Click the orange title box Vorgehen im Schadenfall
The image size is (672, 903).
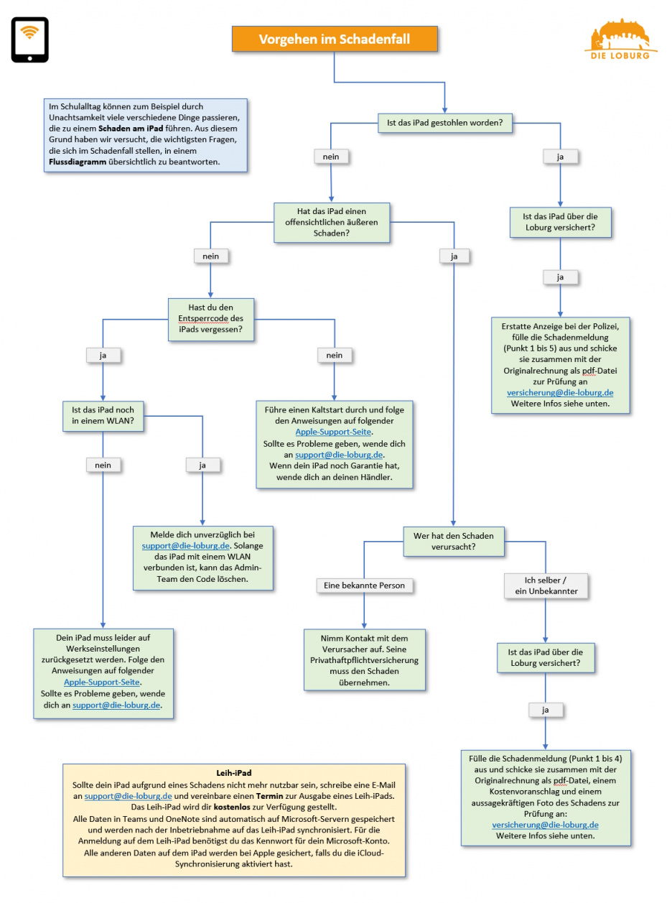pos(334,39)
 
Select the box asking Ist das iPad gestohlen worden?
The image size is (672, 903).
pos(445,123)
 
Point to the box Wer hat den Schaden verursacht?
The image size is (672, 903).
pos(453,541)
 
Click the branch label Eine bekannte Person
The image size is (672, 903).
pos(364,585)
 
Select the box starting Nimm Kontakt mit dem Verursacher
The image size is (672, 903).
pos(363,659)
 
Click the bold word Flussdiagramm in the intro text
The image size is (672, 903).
pos(75,162)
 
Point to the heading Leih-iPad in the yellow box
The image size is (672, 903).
pos(233,772)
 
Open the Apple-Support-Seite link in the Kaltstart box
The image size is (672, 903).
pos(333,432)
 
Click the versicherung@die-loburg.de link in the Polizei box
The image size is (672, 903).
pos(560,393)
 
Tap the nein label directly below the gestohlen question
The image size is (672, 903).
pos(331,156)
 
